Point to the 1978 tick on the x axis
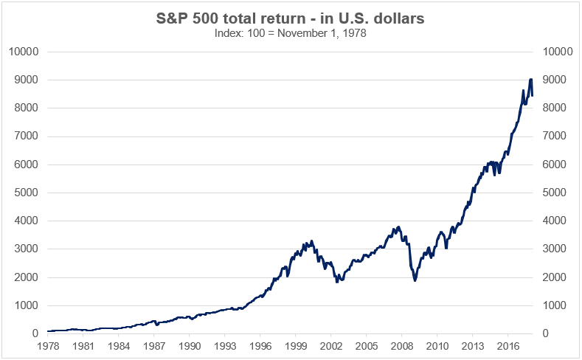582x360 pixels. coord(47,345)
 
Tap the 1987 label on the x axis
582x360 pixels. coord(153,345)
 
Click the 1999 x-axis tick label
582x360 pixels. coord(295,345)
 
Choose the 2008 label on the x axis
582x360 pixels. coord(401,345)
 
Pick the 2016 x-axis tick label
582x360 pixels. coord(507,345)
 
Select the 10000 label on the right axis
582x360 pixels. coord(557,52)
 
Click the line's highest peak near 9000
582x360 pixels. coord(530,79)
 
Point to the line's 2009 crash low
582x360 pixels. coord(415,280)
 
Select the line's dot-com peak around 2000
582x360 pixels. coord(311,240)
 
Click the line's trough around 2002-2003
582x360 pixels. coord(337,282)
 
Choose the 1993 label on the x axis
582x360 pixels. coord(224,345)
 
